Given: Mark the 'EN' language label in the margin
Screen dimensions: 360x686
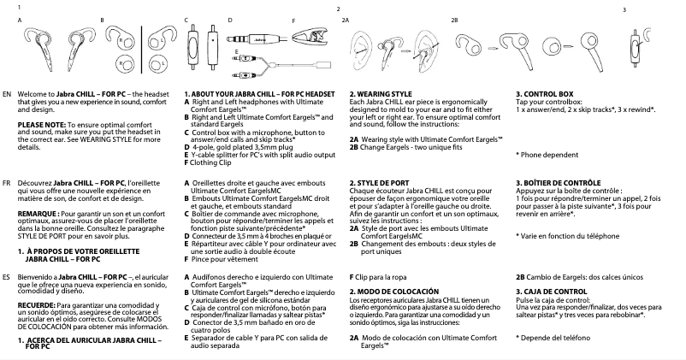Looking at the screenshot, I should point(7,92).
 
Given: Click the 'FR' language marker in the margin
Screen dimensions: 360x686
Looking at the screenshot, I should point(7,183).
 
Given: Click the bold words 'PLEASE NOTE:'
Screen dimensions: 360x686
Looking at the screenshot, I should point(39,125).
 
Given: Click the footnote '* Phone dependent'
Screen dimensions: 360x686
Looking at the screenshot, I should point(544,154).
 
